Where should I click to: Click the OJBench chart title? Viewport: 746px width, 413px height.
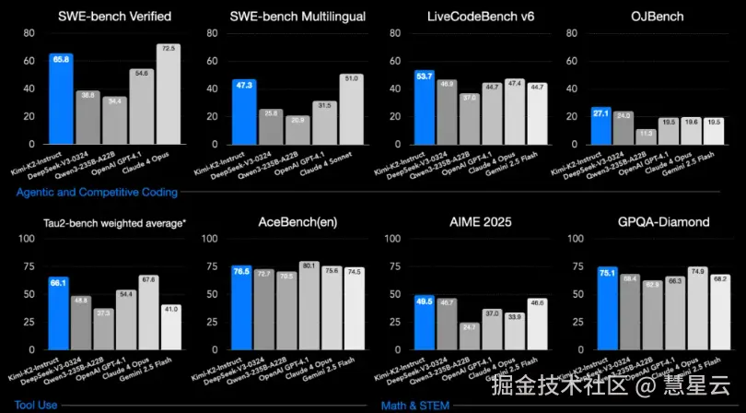(x=655, y=17)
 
